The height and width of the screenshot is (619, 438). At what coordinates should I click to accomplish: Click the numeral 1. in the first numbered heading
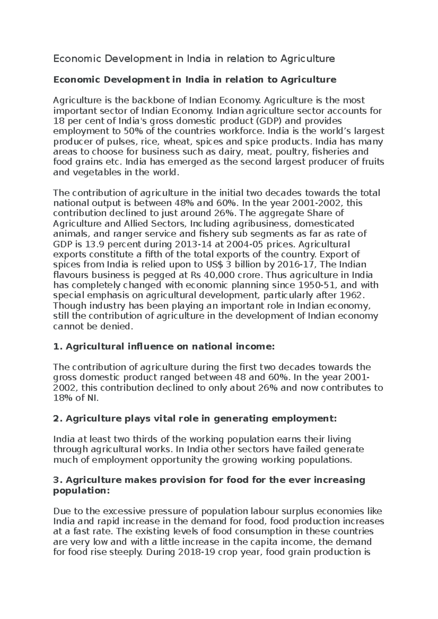coord(58,347)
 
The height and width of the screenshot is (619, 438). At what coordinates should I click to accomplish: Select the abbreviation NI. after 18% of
coord(93,398)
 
